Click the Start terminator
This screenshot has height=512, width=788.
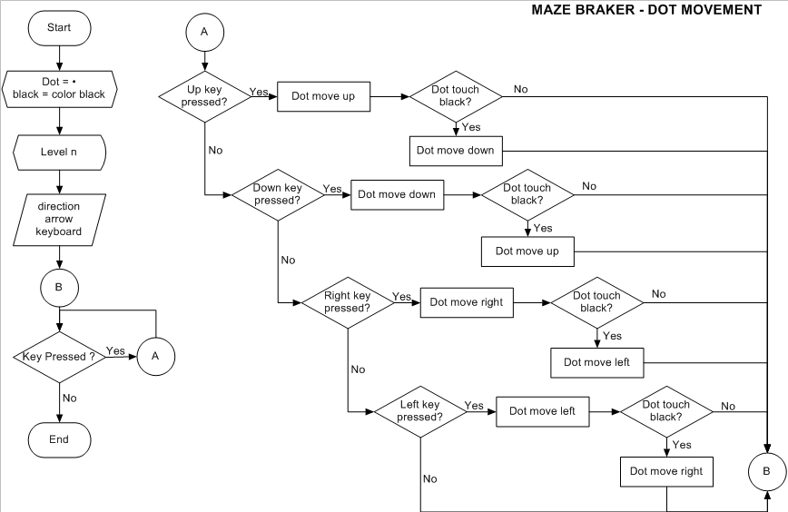tap(59, 28)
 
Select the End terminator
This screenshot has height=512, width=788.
tap(59, 439)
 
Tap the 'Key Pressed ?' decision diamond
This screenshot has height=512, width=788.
tap(59, 357)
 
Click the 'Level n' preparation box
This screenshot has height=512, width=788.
tap(59, 151)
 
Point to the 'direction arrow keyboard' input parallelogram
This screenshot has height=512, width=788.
tap(59, 220)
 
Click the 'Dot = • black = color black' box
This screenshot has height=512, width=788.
tap(59, 88)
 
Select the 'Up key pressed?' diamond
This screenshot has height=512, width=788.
tap(206, 95)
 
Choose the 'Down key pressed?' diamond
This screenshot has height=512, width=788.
tap(277, 193)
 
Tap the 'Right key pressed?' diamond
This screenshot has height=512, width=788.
tap(347, 301)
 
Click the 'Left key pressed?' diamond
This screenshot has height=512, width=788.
tap(419, 410)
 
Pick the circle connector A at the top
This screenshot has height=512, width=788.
tap(204, 31)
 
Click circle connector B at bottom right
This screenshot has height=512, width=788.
tap(766, 471)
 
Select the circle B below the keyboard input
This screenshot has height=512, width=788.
tap(59, 288)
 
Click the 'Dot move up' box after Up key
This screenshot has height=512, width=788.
tap(323, 96)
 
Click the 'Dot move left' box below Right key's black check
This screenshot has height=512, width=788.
tap(597, 362)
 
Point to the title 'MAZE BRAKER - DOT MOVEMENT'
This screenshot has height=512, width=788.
tap(645, 10)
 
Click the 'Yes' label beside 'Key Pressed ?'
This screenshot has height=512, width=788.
tap(116, 350)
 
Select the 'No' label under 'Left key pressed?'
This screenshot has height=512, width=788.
tap(429, 478)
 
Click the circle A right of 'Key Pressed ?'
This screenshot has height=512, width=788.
tap(155, 357)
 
